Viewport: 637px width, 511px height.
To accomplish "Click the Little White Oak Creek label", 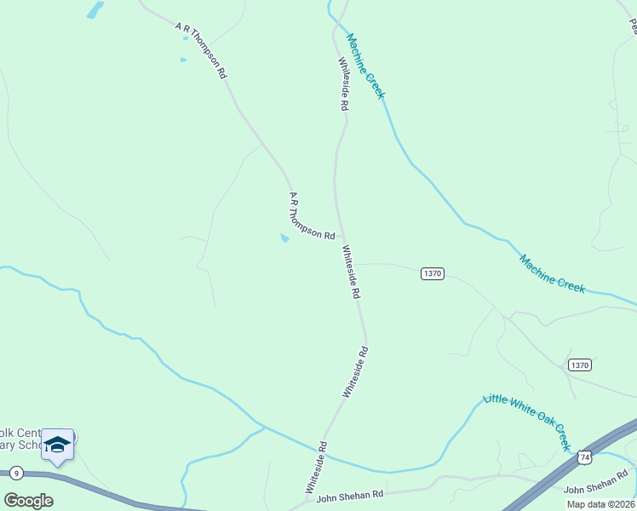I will coord(527,421).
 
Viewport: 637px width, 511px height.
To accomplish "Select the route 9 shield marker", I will coord(15,472).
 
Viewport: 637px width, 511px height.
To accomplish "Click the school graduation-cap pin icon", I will coord(57,445).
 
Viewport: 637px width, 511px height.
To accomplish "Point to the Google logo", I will coord(28,501).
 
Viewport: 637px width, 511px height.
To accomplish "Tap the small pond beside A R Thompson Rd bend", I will coord(284,238).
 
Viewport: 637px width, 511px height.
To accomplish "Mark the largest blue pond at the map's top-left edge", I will coord(95,9).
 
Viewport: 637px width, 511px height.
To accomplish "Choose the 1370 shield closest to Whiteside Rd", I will coord(433,273).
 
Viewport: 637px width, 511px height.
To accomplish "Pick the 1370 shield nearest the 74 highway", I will coord(580,365).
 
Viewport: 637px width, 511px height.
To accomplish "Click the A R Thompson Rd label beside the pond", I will coord(311,216).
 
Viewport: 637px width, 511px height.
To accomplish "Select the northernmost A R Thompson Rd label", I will coord(201,50).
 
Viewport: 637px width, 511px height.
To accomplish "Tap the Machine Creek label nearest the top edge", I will coord(366,66).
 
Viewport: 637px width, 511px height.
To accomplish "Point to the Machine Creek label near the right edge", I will coord(552,274).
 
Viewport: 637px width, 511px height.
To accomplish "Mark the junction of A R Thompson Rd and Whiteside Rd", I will coord(341,236).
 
